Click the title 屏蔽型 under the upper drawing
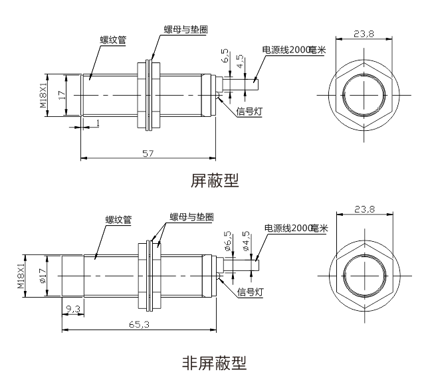coord(214,181)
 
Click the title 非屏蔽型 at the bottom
coord(214,363)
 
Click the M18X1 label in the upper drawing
coord(43,95)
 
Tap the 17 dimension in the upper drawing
coord(61,96)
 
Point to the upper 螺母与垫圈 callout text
coord(186,30)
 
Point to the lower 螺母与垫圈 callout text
coord(191,217)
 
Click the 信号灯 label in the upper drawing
coord(249,112)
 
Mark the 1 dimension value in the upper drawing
coord(98,123)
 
